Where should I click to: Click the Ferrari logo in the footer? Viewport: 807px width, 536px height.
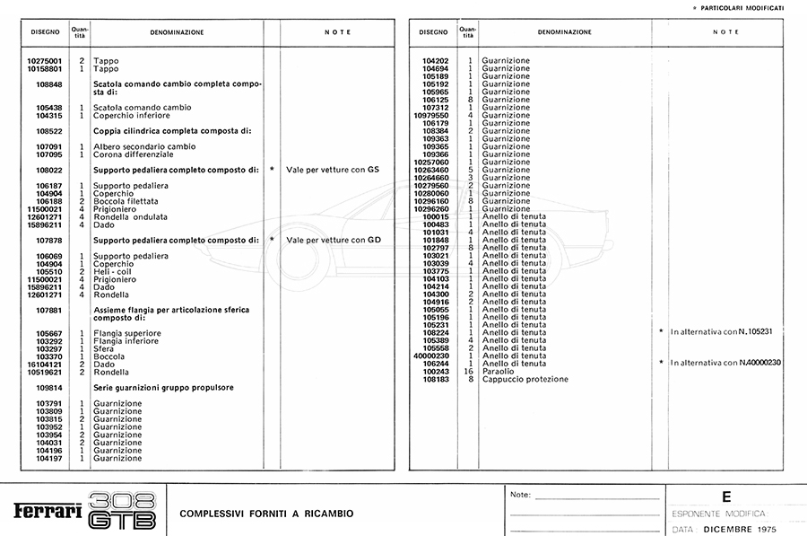48,512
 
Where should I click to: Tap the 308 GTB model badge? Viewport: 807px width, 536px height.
124,511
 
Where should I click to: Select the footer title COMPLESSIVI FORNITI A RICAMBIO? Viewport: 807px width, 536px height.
266,514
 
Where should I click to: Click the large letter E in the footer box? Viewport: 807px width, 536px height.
725,496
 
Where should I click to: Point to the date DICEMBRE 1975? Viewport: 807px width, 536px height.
740,529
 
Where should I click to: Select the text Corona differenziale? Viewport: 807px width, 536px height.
133,154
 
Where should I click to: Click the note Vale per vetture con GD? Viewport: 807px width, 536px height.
334,240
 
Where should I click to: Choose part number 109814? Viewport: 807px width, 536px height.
48,388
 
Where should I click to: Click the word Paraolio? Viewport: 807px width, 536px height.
499,371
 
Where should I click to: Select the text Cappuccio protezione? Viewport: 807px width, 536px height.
525,379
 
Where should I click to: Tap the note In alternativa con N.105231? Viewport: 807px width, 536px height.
721,331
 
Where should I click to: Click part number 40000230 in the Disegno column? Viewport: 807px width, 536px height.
430,356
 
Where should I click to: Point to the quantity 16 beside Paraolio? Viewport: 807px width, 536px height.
467,371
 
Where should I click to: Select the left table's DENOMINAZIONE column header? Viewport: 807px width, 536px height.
177,32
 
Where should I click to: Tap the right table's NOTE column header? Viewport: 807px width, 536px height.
725,32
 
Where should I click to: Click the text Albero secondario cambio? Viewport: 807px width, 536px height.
143,145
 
